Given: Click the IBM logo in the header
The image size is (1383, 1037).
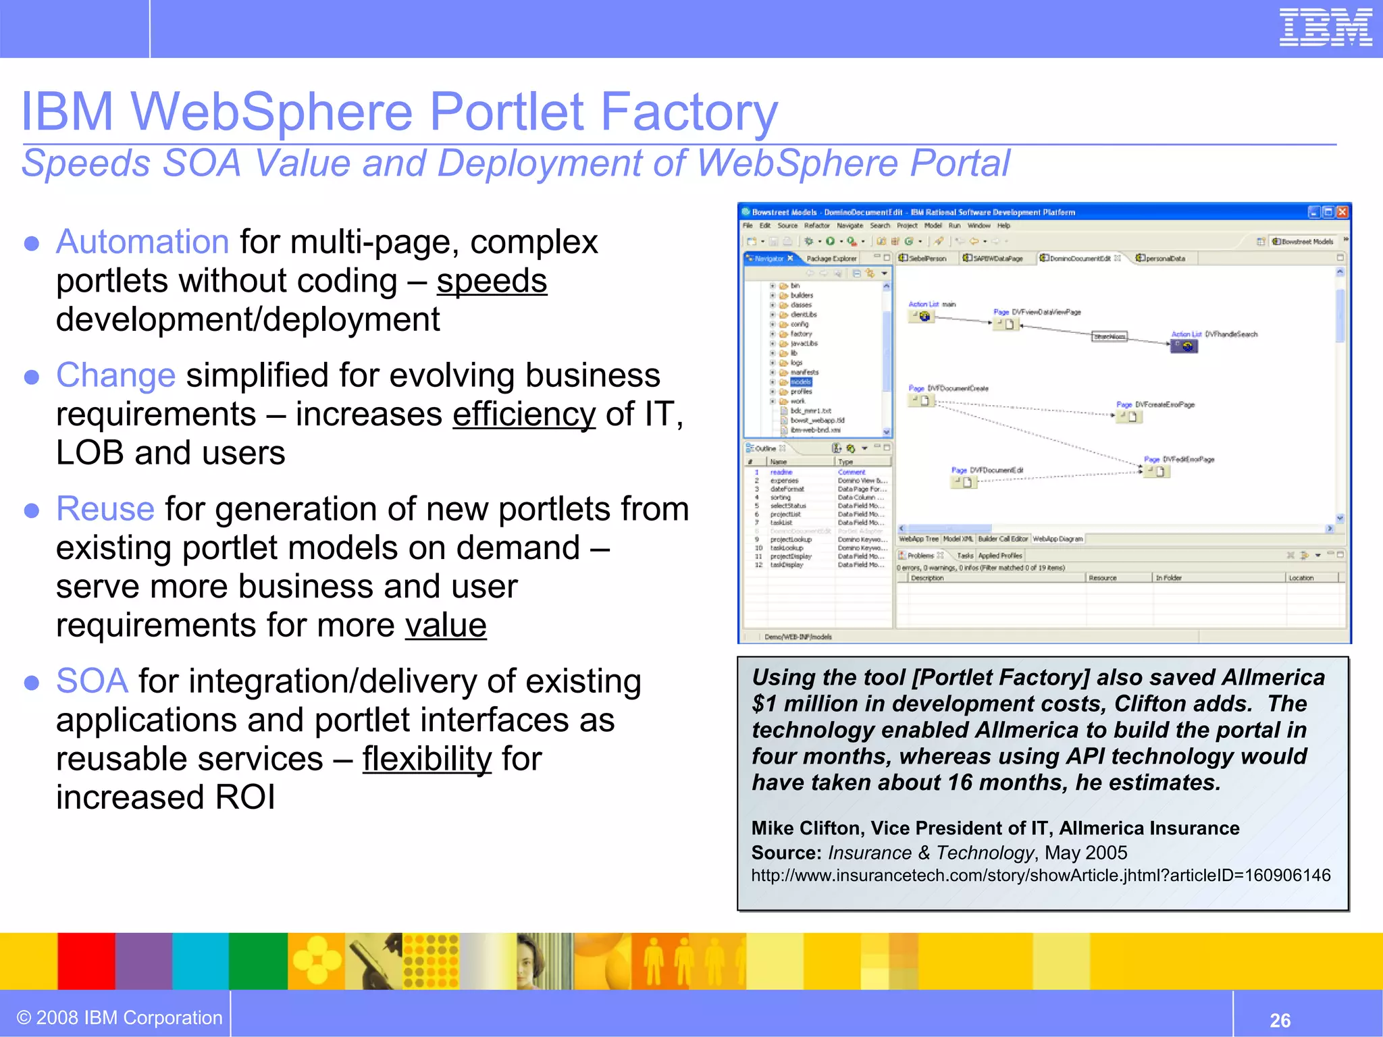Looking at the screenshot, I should pyautogui.click(x=1326, y=28).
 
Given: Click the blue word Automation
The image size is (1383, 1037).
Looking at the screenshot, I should pyautogui.click(x=142, y=242).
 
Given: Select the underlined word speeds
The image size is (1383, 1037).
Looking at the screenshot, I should pyautogui.click(x=492, y=281).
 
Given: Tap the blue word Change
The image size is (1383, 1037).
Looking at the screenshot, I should pyautogui.click(x=115, y=375).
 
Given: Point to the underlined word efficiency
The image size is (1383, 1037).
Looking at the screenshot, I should pyautogui.click(x=524, y=414).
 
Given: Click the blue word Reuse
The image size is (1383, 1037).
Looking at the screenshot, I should pyautogui.click(x=105, y=509).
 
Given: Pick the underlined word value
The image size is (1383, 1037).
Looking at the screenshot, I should pyautogui.click(x=446, y=625).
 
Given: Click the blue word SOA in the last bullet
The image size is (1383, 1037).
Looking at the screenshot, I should pyautogui.click(x=92, y=681).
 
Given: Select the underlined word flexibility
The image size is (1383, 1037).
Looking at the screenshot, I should pyautogui.click(x=427, y=759).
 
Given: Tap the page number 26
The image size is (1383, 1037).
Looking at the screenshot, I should pyautogui.click(x=1280, y=1020).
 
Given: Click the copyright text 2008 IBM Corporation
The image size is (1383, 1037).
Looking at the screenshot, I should pyautogui.click(x=120, y=1017).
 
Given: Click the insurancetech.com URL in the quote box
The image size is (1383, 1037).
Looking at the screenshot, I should pyautogui.click(x=1041, y=876).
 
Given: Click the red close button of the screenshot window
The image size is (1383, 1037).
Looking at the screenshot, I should pyautogui.click(x=1342, y=212).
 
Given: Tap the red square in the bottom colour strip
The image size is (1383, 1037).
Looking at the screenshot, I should pyautogui.click(x=86, y=961).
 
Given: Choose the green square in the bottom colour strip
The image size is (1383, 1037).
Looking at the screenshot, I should pyautogui.click(x=258, y=961).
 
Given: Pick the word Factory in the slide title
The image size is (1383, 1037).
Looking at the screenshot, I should pyautogui.click(x=689, y=111).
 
